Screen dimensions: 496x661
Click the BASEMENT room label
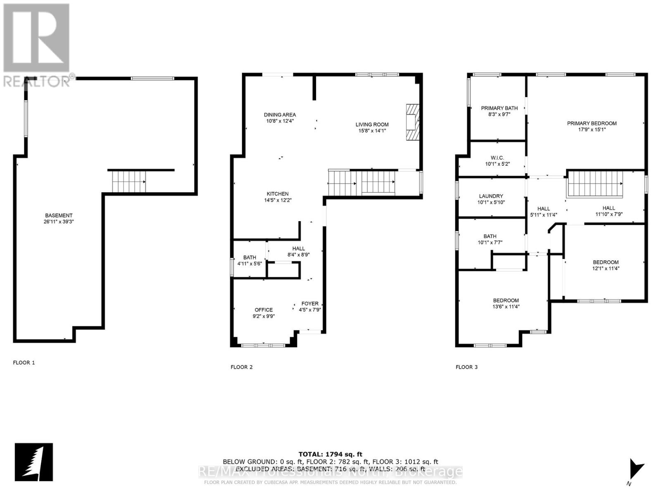point(59,215)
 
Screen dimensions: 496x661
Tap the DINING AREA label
point(280,115)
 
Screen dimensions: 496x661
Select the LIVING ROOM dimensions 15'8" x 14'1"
point(372,131)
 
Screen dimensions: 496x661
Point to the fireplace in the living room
point(412,123)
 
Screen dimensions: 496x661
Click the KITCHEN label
point(278,194)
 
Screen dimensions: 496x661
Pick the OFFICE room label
point(264,310)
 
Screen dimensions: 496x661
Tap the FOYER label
point(310,304)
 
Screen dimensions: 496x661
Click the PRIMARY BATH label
point(499,108)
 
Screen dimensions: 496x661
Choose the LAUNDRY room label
point(491,196)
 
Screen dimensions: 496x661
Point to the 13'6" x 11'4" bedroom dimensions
point(506,307)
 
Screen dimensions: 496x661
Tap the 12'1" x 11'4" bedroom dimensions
point(606,268)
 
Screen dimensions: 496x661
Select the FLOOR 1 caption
point(24,362)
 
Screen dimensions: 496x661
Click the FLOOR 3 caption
point(466,367)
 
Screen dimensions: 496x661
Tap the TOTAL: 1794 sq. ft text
point(330,454)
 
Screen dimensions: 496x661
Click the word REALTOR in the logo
point(37,81)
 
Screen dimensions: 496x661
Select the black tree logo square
point(34,462)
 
